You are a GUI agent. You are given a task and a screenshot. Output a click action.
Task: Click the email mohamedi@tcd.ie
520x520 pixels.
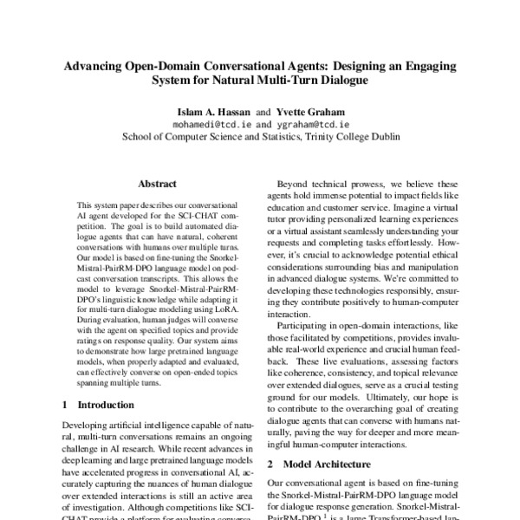215,123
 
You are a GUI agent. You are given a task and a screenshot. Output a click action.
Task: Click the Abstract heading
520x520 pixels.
158,184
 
